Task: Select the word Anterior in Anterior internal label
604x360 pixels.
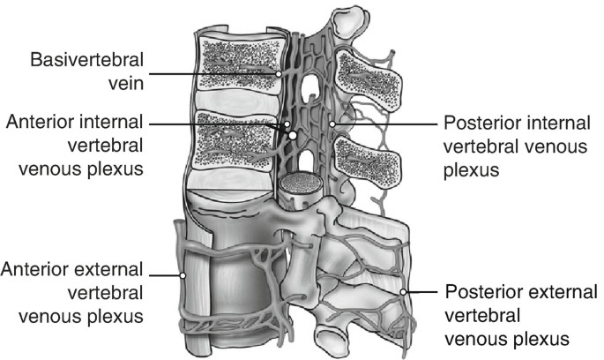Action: pyautogui.click(x=45, y=122)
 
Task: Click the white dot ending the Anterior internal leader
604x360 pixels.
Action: pyautogui.click(x=292, y=137)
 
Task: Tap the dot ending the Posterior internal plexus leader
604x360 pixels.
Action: pyautogui.click(x=333, y=124)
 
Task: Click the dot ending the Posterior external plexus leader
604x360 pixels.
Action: pyautogui.click(x=403, y=292)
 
